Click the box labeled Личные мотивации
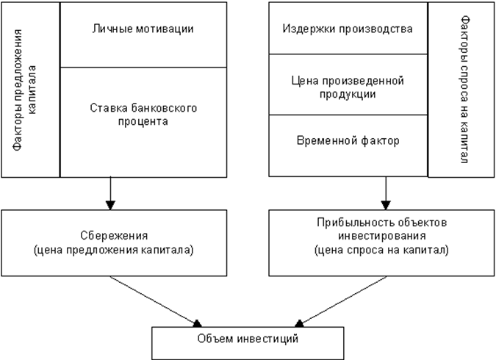[143, 34]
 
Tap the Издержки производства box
[348, 29]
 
